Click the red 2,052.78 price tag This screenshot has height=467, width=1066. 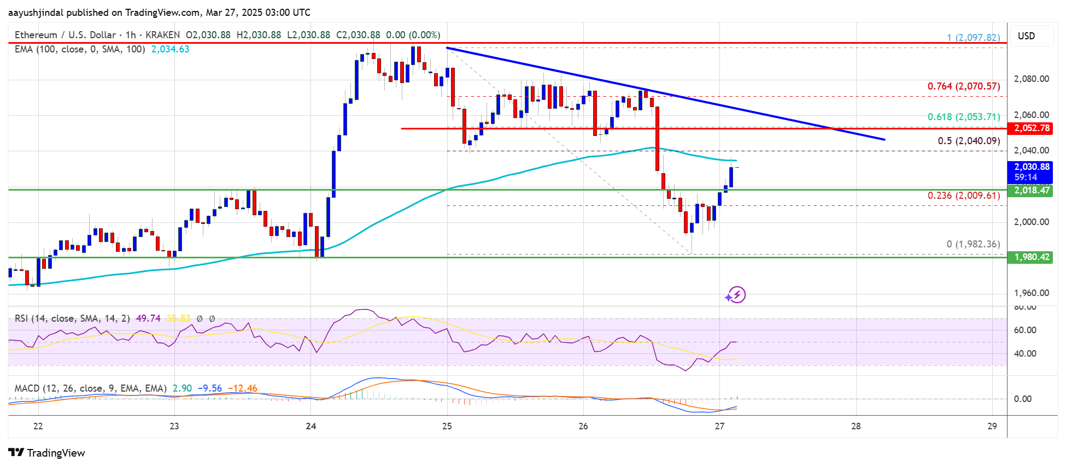(x=1032, y=128)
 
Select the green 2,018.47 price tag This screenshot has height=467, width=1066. (x=1032, y=191)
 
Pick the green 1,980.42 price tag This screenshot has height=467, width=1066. (x=1032, y=257)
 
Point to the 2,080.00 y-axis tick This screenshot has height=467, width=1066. (x=1031, y=79)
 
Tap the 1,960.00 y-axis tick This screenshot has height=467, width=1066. (x=1031, y=293)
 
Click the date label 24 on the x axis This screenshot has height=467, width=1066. (x=311, y=427)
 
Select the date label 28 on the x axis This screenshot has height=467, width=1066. (x=856, y=427)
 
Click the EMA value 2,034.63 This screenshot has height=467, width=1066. (x=170, y=50)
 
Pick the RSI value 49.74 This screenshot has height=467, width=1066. (x=148, y=318)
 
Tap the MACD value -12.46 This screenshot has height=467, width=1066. (x=242, y=389)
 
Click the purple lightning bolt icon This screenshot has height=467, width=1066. (x=736, y=295)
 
